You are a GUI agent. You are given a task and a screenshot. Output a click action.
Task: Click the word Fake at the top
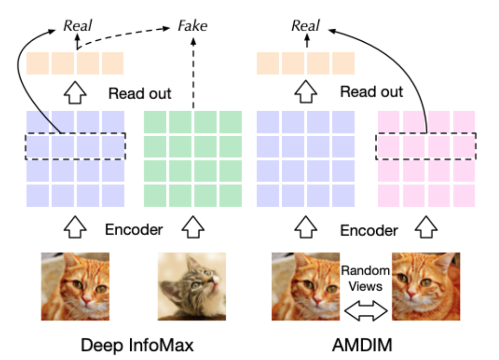pos(193,26)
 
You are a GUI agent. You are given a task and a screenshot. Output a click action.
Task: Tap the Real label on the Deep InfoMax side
pos(77,26)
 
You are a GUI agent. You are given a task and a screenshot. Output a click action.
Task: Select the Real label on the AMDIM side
pos(306,26)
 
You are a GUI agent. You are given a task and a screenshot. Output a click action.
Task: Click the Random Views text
pos(366,278)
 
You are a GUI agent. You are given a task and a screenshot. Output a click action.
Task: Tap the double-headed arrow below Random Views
pos(366,311)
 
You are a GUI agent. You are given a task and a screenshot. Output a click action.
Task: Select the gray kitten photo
pos(192,286)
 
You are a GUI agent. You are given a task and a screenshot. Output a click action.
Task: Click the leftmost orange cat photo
pos(75,286)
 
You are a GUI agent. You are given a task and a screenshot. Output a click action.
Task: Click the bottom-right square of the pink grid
pos(464,196)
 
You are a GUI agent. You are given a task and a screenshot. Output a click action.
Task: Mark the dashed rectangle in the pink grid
pos(426,146)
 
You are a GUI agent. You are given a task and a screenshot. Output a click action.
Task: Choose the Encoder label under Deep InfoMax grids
pos(134,230)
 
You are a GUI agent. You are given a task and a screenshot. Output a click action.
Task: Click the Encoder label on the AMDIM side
pos(369,231)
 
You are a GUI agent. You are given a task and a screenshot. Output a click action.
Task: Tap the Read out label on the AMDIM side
pos(371,92)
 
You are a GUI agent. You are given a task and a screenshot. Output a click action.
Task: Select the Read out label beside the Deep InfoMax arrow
pos(140,93)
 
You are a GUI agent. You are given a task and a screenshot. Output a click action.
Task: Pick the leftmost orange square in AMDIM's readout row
pos(268,63)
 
